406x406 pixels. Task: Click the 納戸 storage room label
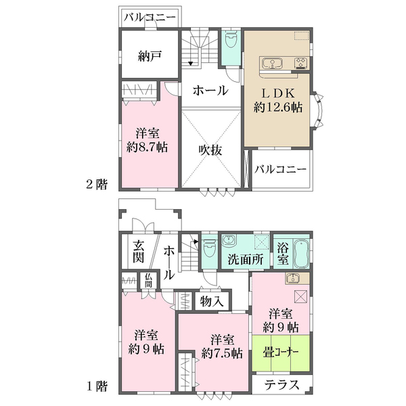pos(149,57)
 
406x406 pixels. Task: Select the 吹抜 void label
pos(210,150)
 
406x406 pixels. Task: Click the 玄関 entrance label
pos(137,252)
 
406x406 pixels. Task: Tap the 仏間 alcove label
pos(149,279)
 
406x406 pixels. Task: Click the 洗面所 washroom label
pos(244,258)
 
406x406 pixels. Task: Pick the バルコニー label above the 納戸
pos(150,18)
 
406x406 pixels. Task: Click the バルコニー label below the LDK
pos(281,170)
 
